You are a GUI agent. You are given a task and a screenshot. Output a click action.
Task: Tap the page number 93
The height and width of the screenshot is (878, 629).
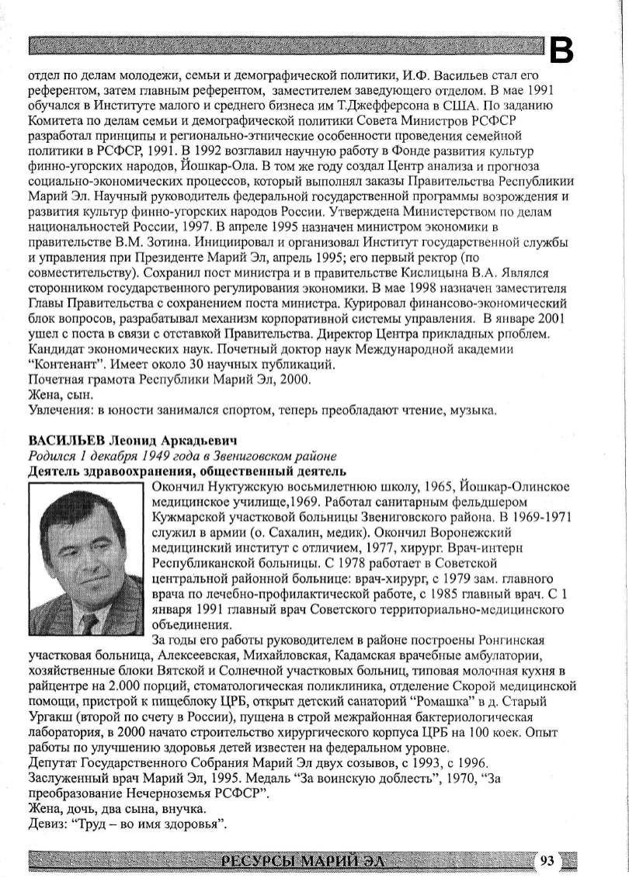pos(548,859)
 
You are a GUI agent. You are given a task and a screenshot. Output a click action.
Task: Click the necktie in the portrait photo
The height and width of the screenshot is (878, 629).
pos(91,622)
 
